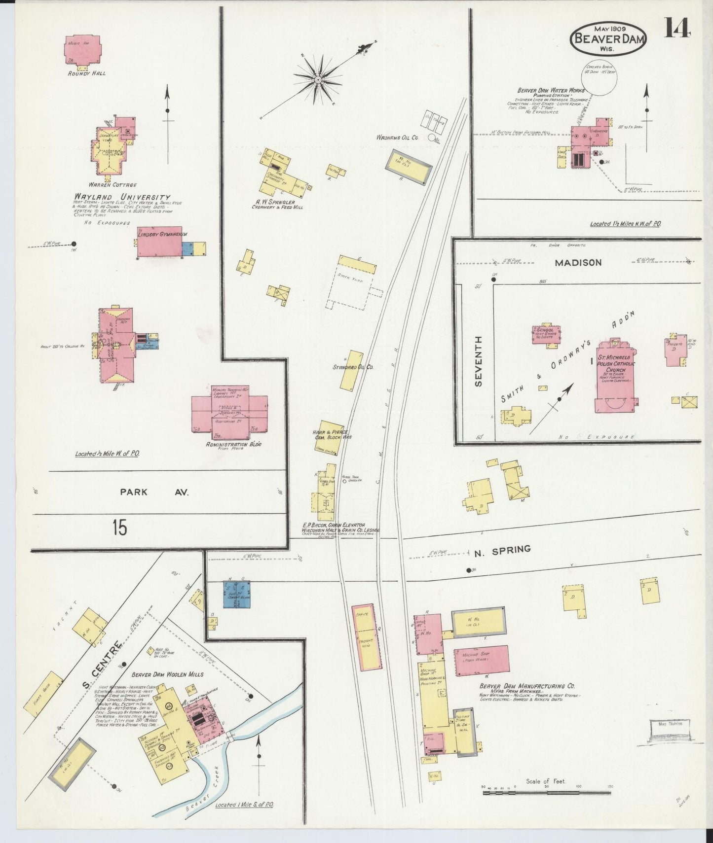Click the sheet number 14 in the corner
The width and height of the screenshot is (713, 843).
click(676, 28)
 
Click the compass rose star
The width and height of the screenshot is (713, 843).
click(318, 78)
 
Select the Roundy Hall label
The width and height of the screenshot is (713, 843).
click(87, 73)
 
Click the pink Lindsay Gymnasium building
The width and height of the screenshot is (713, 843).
click(159, 242)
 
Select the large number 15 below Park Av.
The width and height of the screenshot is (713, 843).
click(119, 527)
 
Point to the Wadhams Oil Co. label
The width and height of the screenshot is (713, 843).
click(397, 138)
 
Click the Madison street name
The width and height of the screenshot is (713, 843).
click(578, 263)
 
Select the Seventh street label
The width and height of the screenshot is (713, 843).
click(478, 361)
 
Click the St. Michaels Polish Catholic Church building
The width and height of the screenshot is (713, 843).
click(615, 377)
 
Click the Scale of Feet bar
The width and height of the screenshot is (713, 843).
click(546, 793)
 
